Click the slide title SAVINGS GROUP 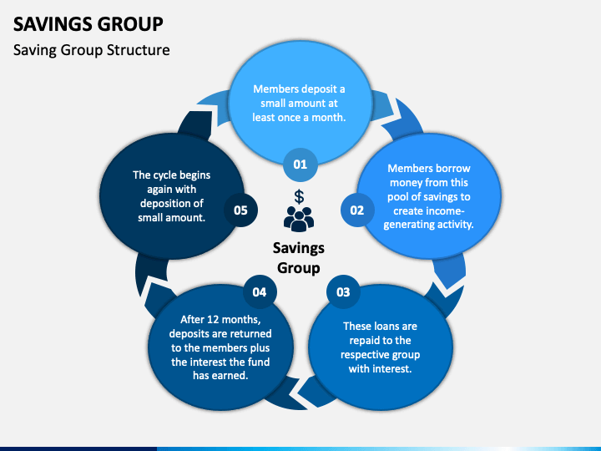click(x=88, y=23)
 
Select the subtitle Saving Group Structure click(x=92, y=50)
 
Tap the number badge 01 click(x=300, y=165)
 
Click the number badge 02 click(x=357, y=210)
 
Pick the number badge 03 click(x=343, y=292)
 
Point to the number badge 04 click(x=260, y=292)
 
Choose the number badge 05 click(x=240, y=210)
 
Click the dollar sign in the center click(x=299, y=197)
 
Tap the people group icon click(x=299, y=219)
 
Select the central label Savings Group click(x=299, y=258)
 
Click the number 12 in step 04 click(x=213, y=319)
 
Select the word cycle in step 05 click(x=165, y=175)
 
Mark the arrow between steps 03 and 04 click(x=303, y=391)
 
